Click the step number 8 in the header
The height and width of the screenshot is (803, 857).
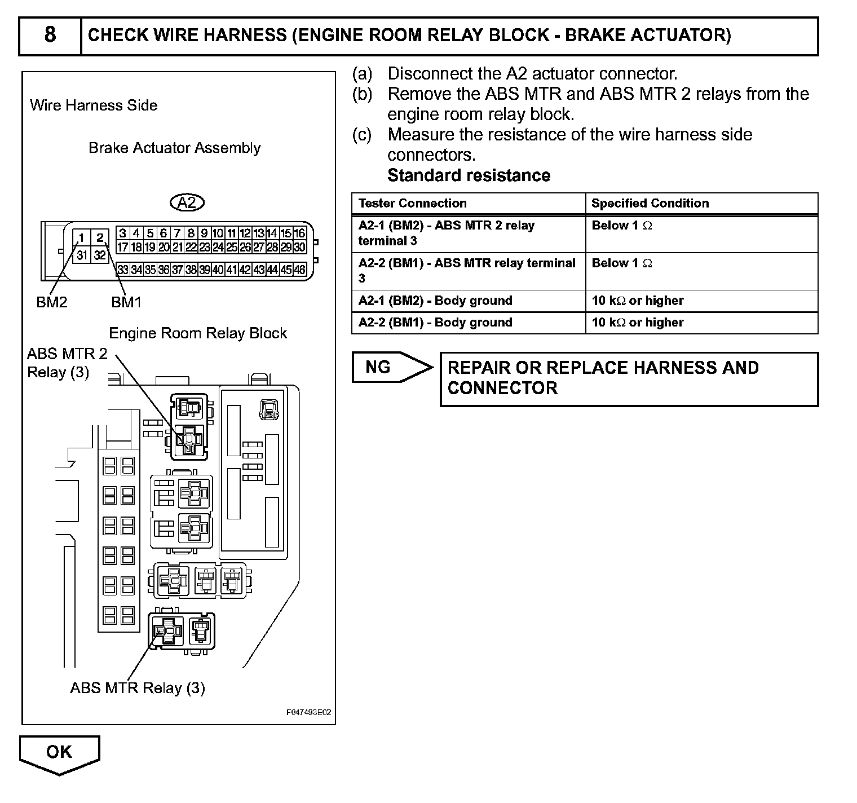[x=50, y=35]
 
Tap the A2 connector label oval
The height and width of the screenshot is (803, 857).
[x=187, y=202]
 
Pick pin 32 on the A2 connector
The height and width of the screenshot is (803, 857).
[x=100, y=255]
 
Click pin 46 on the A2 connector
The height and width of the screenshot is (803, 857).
[x=300, y=270]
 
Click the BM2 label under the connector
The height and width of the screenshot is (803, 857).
[x=52, y=302]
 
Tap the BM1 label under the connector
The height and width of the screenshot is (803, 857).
[x=126, y=302]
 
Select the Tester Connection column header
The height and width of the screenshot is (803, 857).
[x=413, y=204]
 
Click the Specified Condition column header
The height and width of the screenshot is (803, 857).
[x=650, y=204]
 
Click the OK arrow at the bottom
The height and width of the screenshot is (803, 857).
[x=59, y=754]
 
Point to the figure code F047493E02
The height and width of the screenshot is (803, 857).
[x=308, y=713]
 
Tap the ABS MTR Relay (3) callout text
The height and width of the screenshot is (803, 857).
[x=138, y=688]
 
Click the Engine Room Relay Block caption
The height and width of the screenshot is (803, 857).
[x=198, y=333]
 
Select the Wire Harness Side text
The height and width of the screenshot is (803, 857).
[x=94, y=105]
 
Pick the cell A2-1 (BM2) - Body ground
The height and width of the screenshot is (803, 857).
[x=435, y=301]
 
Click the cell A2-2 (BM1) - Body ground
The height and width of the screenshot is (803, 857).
[x=435, y=323]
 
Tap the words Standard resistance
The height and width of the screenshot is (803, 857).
[x=469, y=175]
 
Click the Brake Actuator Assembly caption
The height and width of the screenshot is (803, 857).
[x=175, y=148]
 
